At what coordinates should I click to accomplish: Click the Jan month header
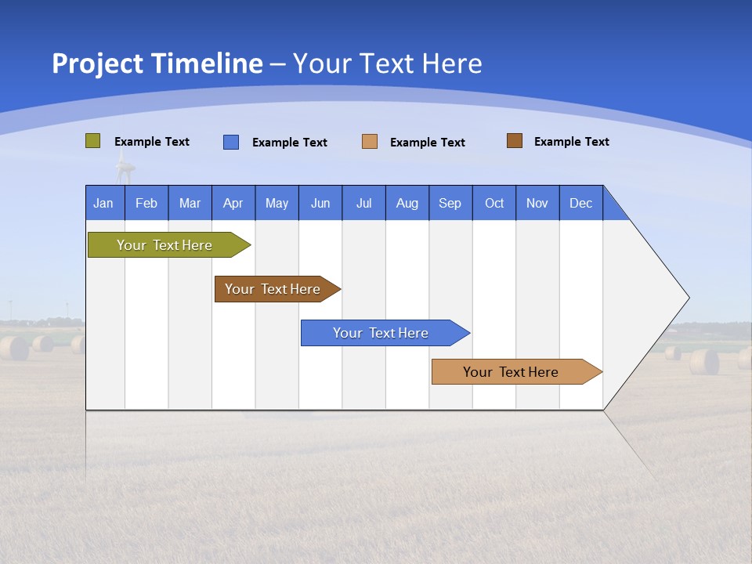103,203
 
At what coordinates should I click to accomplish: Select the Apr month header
233,203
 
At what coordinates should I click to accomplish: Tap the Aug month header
407,203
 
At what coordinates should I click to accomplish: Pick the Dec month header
580,203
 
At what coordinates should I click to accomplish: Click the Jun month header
320,203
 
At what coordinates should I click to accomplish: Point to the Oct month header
493,203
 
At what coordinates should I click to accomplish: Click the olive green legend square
93,141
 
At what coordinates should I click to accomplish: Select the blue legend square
231,142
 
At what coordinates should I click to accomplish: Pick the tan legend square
370,142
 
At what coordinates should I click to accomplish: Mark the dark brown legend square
515,141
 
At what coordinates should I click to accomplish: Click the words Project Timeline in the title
157,63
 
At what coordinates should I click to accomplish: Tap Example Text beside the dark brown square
571,142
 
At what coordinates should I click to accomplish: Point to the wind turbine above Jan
125,167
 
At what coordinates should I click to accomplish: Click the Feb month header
146,203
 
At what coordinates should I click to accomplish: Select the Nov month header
537,203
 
